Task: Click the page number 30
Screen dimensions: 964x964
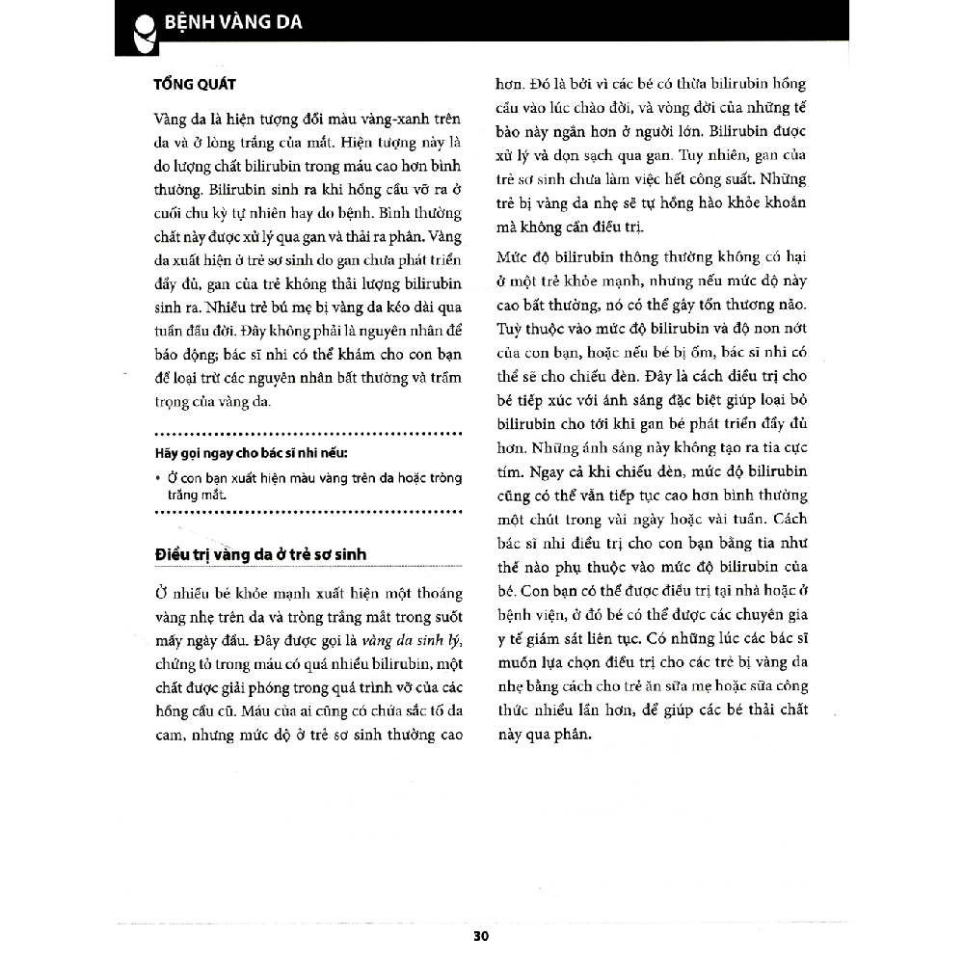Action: (483, 936)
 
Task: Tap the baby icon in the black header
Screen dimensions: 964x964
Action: (142, 30)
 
